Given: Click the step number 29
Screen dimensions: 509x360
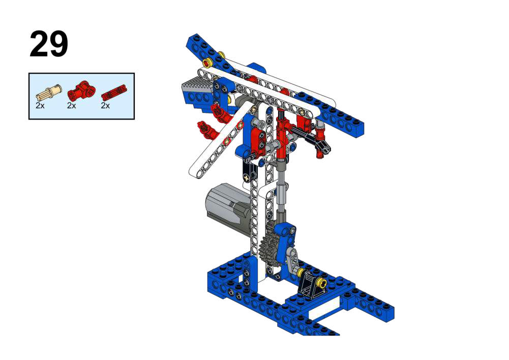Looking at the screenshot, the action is (x=49, y=44).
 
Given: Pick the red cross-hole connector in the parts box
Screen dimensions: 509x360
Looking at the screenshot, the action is (x=81, y=90).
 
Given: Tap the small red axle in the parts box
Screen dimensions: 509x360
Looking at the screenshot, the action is (x=113, y=92).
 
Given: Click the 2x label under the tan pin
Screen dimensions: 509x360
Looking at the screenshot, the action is (x=40, y=105).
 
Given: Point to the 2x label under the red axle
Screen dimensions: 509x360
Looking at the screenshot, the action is (x=105, y=105).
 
